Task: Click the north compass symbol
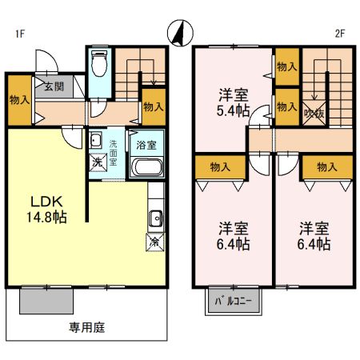click(x=178, y=32)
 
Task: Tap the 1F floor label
click(x=18, y=34)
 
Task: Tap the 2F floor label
click(x=339, y=34)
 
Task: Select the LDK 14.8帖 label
click(x=49, y=207)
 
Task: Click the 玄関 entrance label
click(x=54, y=86)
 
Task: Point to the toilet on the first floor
click(x=99, y=64)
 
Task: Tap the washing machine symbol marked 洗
click(x=96, y=162)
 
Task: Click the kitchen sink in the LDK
click(x=155, y=218)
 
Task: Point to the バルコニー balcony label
click(x=232, y=302)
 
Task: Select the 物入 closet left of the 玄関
click(x=20, y=101)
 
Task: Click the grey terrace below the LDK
click(x=46, y=300)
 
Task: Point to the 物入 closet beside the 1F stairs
click(x=152, y=104)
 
